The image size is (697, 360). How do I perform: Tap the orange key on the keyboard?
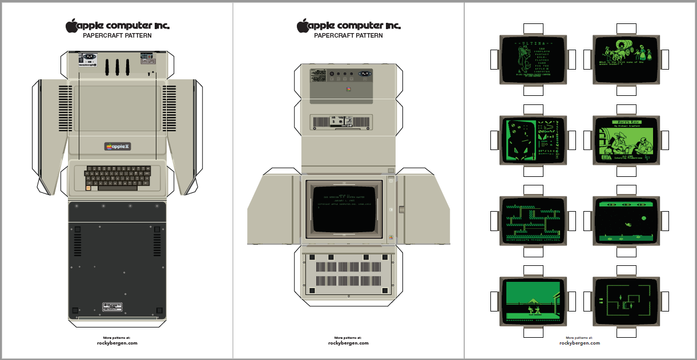tap(88, 188)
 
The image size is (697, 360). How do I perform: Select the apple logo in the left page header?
tap(71, 26)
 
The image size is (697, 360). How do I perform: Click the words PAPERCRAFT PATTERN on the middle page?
tap(348, 35)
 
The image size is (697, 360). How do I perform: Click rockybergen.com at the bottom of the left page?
tap(117, 343)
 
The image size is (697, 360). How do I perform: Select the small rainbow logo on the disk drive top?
tap(348, 90)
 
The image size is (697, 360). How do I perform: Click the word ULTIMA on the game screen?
tap(533, 43)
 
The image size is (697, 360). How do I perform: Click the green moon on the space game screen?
tap(644, 217)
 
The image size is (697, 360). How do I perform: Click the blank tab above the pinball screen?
tap(533, 109)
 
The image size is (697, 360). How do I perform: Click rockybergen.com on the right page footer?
tap(579, 343)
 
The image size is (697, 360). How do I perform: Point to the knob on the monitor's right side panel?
tap(402, 209)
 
